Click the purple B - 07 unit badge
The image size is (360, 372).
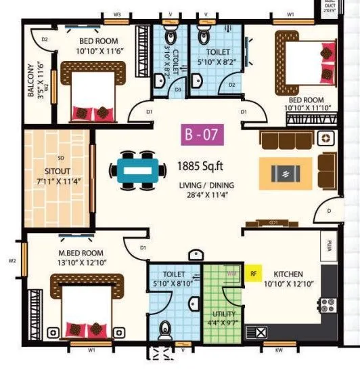point(202,135)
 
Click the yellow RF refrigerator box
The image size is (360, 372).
point(254,274)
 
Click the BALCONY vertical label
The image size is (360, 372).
point(31,82)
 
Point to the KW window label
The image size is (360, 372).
point(278,352)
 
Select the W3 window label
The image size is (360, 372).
point(116,14)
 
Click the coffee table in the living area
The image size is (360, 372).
point(286,173)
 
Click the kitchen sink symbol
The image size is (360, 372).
point(259,331)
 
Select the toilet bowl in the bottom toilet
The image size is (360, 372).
point(164,331)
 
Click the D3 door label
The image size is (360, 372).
point(179,89)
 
